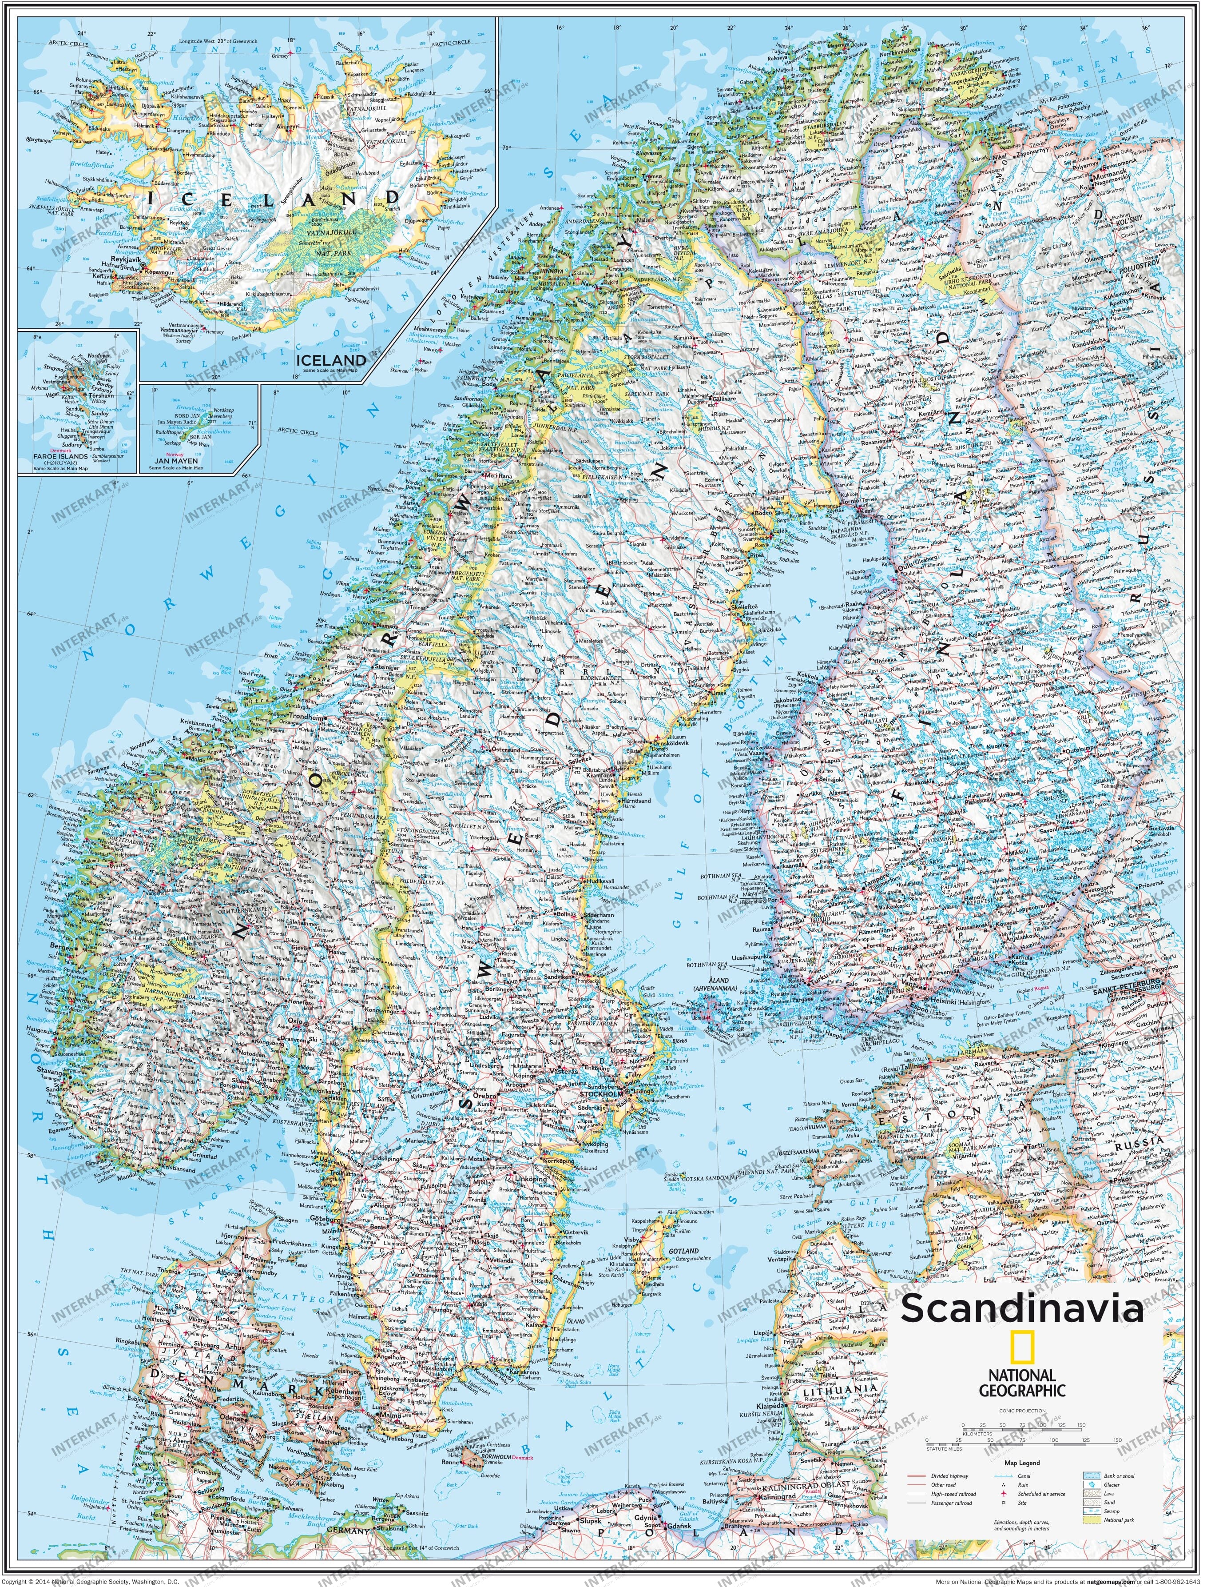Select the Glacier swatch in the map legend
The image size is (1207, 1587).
point(1092,1485)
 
